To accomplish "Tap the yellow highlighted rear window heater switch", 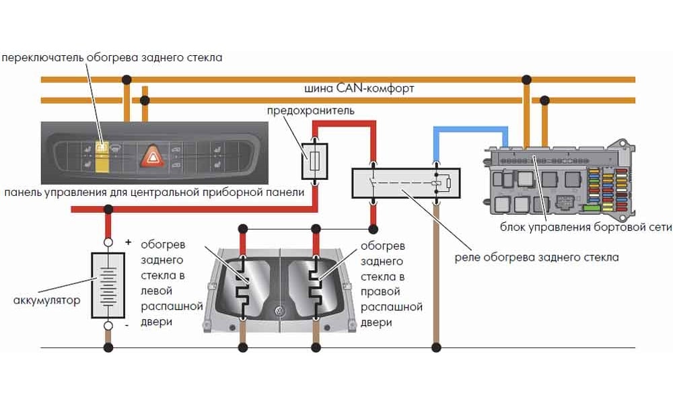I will click(x=101, y=154).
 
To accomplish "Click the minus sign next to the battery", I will click(x=127, y=326).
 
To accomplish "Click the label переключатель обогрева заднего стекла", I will click(x=112, y=58).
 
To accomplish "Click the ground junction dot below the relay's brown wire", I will click(x=436, y=347).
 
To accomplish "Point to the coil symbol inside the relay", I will click(x=438, y=182).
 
